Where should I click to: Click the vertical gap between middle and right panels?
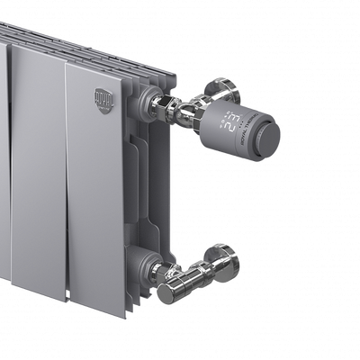click(x=66, y=180)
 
